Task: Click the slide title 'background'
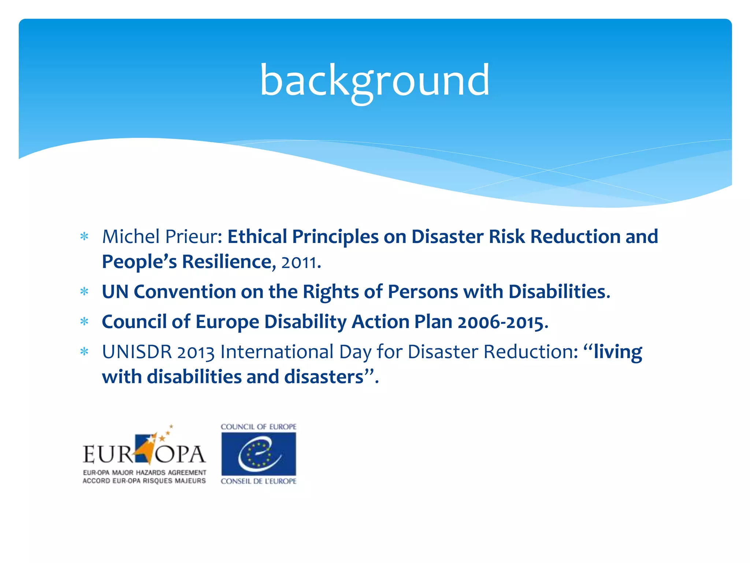[374, 81]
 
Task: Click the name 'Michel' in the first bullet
[130, 236]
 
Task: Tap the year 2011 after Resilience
[298, 262]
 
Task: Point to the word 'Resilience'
[227, 262]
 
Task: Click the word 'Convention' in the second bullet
[185, 292]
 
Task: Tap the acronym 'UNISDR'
[137, 352]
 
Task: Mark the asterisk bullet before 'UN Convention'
[85, 292]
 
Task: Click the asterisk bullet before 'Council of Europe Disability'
[85, 322]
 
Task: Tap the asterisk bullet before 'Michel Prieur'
[85, 237]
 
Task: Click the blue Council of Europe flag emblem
[259, 454]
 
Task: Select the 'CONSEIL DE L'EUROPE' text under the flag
[259, 481]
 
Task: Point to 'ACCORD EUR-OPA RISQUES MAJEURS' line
[144, 481]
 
